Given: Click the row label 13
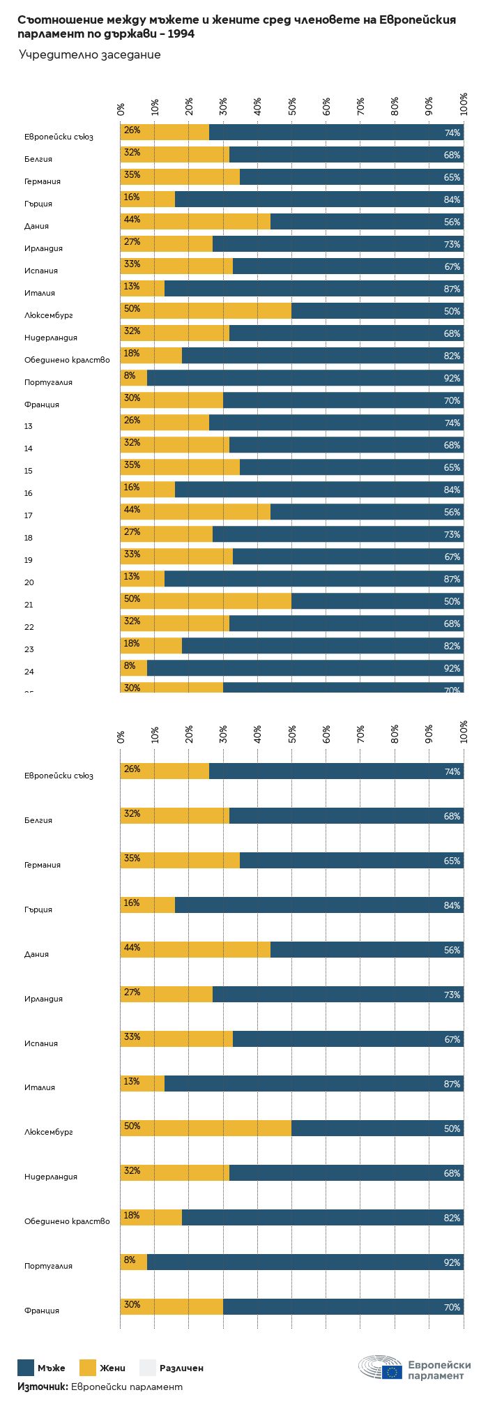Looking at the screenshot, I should pos(28,426).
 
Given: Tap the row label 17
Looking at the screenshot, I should pos(28,515).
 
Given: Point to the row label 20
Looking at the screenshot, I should pos(29,582).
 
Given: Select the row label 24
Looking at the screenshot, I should pos(29,672).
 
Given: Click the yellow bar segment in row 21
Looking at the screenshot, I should pos(206,601).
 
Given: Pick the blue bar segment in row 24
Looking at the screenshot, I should pos(305,668).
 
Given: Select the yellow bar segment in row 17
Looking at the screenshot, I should pos(195,512).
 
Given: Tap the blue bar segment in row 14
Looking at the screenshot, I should pos(346,445).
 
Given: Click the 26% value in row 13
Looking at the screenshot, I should pos(132,421).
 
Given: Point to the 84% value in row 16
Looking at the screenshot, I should pos(452,490).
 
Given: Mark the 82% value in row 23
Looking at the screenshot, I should pos(452,647).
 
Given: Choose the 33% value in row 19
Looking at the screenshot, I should pos(132,554).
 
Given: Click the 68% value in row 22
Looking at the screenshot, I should pos(452,624).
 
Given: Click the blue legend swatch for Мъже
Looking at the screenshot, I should pos(26,1368).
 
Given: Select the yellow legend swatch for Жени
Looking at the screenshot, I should pos(88,1368).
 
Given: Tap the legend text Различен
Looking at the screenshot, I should pos(181,1368).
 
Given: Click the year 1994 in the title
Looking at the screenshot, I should pos(181,33).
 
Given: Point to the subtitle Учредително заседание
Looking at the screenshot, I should pos(89,55).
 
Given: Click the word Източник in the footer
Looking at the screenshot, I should pos(42,1387).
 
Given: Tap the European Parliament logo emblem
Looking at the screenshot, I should pos(381,1368).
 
